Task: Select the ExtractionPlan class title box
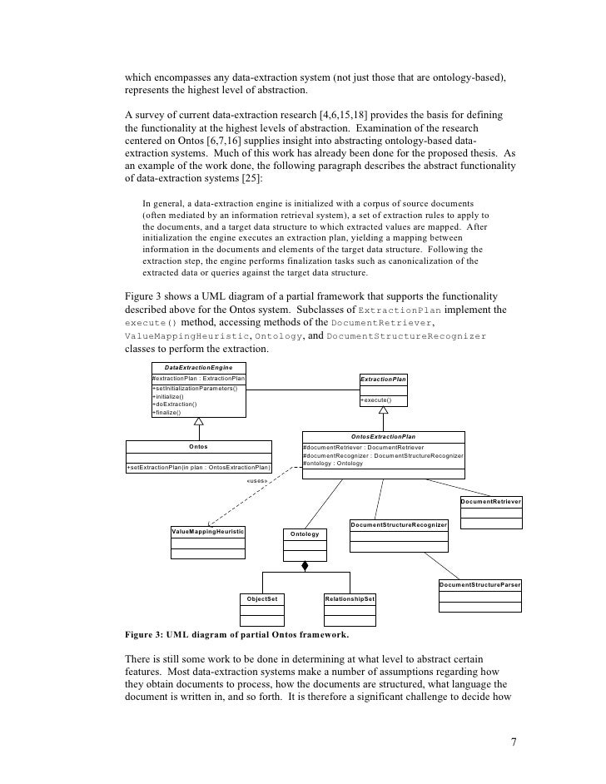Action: pos(383,380)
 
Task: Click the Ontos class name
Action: pos(198,447)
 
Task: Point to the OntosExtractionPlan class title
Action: pos(383,436)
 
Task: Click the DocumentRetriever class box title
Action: pos(491,503)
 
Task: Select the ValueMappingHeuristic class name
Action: pos(207,531)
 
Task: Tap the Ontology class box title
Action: pos(305,533)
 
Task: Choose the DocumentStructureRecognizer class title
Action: pos(399,525)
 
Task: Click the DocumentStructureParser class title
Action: pos(480,586)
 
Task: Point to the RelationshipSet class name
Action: pos(350,599)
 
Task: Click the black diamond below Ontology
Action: pos(305,567)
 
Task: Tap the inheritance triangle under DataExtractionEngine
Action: pos(198,422)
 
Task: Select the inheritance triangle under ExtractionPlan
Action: pos(383,409)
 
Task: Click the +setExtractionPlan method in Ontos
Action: pos(198,468)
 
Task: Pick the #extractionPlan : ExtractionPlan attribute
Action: pos(193,379)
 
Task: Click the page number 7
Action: pos(512,740)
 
